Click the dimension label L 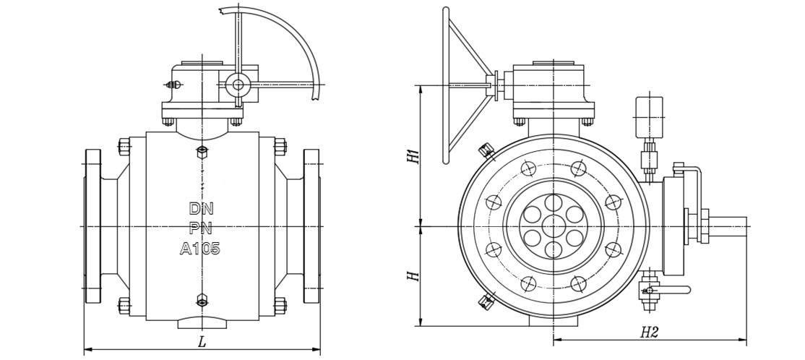[x=202, y=343]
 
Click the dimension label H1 [x=413, y=155]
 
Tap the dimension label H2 [x=649, y=332]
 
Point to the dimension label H [x=413, y=276]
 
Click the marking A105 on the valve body [x=200, y=249]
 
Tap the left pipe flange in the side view [x=93, y=226]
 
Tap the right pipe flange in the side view [x=311, y=226]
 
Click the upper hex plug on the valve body [x=202, y=153]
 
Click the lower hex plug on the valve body [x=202, y=299]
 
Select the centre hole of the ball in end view [x=554, y=226]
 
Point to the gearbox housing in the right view [x=548, y=85]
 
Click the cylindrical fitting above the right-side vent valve [x=648, y=116]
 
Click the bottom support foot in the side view [x=202, y=323]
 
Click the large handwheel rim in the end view [x=446, y=87]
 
